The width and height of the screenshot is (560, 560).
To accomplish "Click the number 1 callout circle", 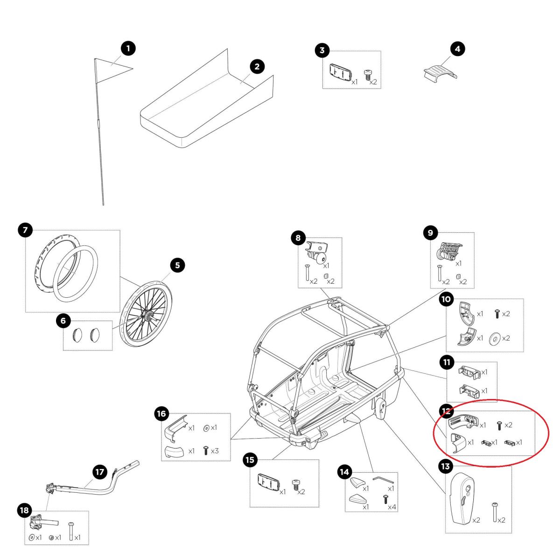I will [x=128, y=48].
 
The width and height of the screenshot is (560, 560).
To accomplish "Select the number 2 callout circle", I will [x=257, y=67].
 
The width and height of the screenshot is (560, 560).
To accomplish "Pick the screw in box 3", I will [x=368, y=74].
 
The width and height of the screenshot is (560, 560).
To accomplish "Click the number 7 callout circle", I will [x=25, y=230].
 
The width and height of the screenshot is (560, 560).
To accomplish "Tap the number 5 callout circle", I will [x=177, y=266].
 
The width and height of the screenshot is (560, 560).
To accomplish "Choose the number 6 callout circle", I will [x=63, y=321].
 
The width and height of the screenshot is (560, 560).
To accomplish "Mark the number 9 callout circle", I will [x=430, y=232].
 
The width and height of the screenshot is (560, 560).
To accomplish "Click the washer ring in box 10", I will [x=494, y=338].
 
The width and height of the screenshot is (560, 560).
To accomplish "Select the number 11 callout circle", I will [x=447, y=362].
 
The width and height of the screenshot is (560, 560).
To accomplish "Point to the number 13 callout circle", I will [x=445, y=466].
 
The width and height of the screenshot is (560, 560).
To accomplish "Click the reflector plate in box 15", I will [x=268, y=483].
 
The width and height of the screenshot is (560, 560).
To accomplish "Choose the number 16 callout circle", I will [x=161, y=413].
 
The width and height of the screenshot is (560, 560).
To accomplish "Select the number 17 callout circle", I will [x=100, y=472].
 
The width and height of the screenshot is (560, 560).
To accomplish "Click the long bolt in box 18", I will [x=71, y=531].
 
